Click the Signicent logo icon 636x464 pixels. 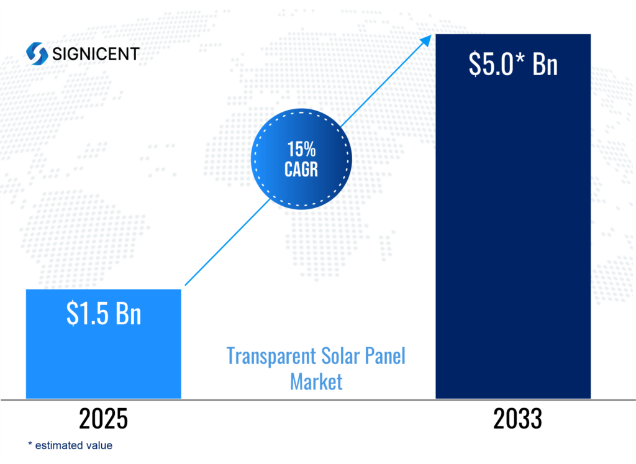[x=37, y=53]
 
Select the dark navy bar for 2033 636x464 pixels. [x=513, y=248]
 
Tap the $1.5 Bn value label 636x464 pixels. [x=104, y=314]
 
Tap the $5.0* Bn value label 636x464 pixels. [x=513, y=65]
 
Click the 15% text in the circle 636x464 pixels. [x=301, y=149]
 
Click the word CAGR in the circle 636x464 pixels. [x=301, y=169]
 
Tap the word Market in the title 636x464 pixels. [x=316, y=381]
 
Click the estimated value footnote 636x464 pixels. [x=73, y=445]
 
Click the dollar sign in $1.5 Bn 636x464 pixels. [x=72, y=314]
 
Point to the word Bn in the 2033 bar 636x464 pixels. [x=545, y=65]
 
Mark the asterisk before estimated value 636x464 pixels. [x=30, y=444]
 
